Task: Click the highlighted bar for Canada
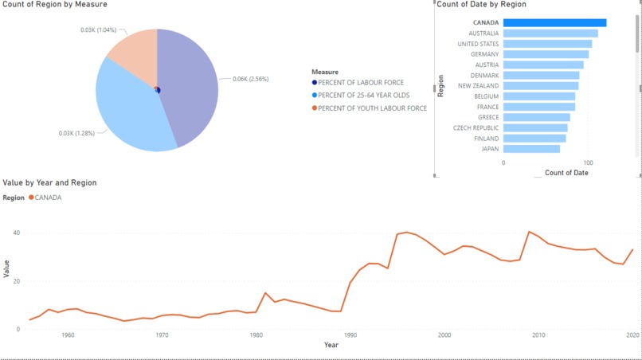[554, 23]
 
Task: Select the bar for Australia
[550, 33]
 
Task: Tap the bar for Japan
[531, 149]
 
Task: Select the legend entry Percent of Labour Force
[360, 83]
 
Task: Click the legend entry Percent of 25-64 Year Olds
[363, 96]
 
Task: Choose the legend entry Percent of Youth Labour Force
[372, 108]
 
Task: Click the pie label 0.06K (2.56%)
[250, 79]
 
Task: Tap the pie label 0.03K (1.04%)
[99, 30]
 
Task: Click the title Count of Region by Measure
[55, 5]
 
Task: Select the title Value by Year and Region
[50, 183]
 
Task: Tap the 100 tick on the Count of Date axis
[587, 162]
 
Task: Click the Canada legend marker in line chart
[31, 198]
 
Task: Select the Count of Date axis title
[566, 173]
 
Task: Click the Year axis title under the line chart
[331, 345]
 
